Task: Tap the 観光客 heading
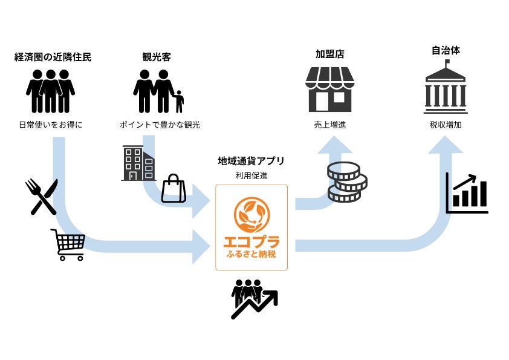157,58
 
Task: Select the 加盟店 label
329,54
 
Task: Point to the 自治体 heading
446,50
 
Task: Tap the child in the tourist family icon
178,102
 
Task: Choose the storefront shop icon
329,89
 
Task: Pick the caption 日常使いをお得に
50,125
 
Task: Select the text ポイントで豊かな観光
160,125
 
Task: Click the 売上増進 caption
329,125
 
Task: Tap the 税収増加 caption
446,125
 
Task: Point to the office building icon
139,163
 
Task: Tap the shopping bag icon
173,189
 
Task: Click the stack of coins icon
347,182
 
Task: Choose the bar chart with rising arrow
467,193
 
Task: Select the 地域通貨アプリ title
251,161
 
